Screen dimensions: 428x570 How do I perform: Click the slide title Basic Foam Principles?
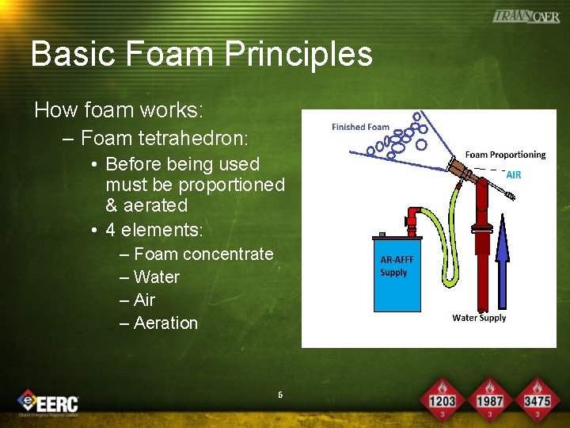[x=201, y=54]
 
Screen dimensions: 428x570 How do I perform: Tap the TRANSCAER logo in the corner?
[x=526, y=16]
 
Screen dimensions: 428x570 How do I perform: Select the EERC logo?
[x=49, y=403]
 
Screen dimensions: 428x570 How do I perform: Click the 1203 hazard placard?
[x=442, y=399]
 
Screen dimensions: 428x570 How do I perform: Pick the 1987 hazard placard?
[x=489, y=399]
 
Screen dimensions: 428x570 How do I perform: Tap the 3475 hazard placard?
[x=537, y=399]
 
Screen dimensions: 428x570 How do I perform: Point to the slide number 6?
[x=280, y=395]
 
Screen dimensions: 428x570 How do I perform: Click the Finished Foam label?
[x=360, y=127]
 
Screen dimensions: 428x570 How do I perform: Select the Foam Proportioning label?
[x=505, y=155]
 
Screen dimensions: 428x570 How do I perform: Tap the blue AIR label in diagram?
[x=513, y=175]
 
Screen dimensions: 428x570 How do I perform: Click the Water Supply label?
[x=479, y=318]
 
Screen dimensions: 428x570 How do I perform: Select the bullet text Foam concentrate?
[x=203, y=254]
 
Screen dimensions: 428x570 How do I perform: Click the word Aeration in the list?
[x=165, y=323]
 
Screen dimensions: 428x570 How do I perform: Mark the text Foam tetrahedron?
[x=164, y=139]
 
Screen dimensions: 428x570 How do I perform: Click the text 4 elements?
[x=154, y=231]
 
